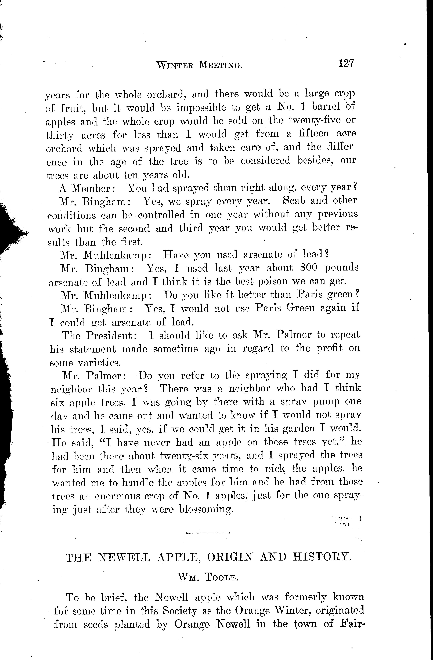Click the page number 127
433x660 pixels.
pos(346,64)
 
